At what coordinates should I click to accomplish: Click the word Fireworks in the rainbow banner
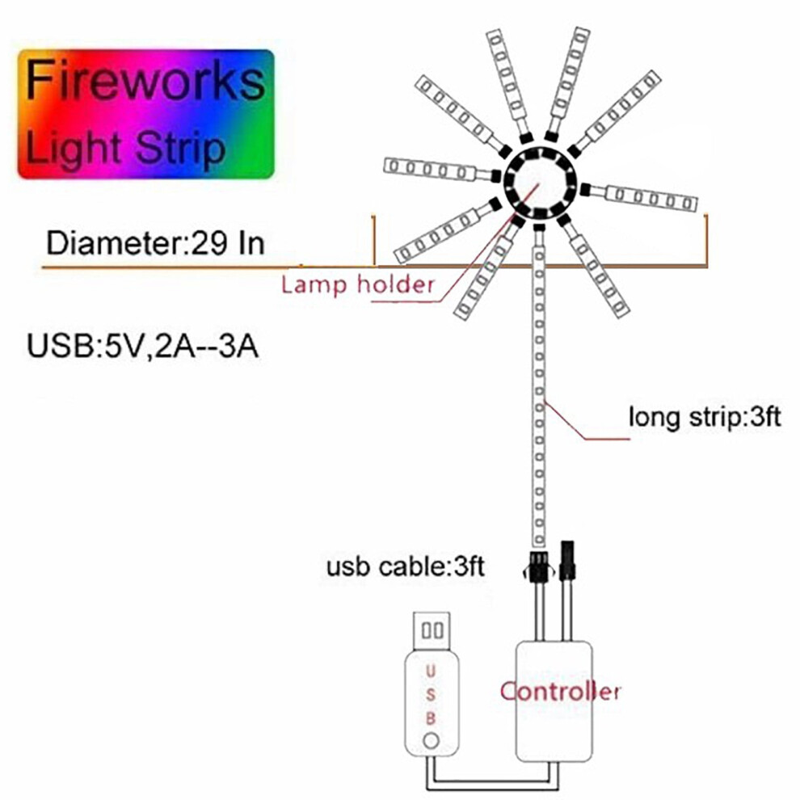click(145, 80)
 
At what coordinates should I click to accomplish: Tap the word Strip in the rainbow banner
click(180, 148)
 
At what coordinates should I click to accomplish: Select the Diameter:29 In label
click(156, 243)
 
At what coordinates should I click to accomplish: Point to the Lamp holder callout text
click(358, 284)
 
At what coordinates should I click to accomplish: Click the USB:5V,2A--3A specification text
click(142, 346)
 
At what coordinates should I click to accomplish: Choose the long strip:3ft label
click(705, 417)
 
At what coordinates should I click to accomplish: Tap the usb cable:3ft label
click(406, 566)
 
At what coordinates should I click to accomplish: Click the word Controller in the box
click(560, 692)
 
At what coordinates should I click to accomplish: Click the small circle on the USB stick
click(432, 740)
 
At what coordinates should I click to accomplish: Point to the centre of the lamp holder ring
click(540, 182)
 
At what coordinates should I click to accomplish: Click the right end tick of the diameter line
click(706, 240)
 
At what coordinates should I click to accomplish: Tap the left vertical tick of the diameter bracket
click(374, 240)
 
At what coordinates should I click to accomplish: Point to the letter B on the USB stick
click(430, 718)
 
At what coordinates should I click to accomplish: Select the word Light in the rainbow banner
click(74, 148)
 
